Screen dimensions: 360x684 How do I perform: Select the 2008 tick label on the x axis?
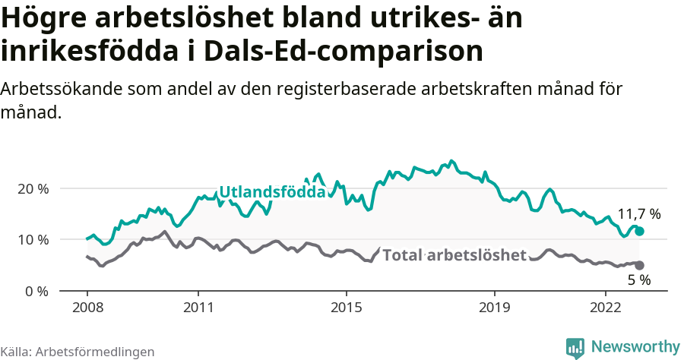(x=87, y=309)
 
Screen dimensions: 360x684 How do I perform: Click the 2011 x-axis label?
(x=198, y=309)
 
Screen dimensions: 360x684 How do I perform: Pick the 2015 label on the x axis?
(x=346, y=309)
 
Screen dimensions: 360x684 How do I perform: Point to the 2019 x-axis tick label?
(x=494, y=309)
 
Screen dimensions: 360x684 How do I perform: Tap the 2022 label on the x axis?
(x=605, y=309)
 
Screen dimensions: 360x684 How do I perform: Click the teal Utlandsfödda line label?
(x=272, y=192)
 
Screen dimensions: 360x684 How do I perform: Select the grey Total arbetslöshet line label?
(x=454, y=255)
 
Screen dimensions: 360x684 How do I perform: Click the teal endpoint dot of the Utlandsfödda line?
(x=640, y=231)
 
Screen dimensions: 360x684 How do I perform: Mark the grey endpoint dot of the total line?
(x=640, y=265)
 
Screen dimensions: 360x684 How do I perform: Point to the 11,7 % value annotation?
(x=639, y=214)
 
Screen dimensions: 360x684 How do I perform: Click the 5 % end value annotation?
(x=639, y=280)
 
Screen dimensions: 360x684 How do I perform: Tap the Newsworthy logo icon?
(x=575, y=347)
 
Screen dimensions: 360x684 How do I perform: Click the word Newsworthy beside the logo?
(x=635, y=347)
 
